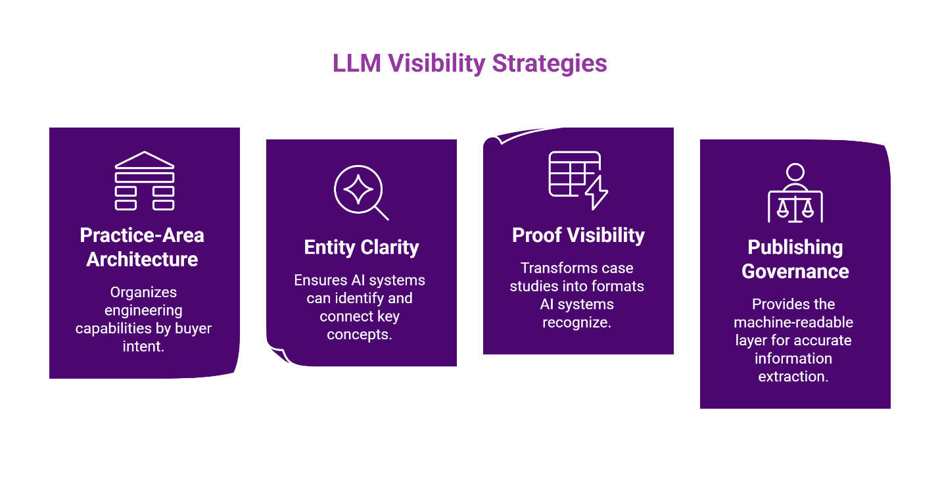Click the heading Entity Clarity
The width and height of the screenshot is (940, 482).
(361, 247)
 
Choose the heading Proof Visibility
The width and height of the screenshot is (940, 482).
(578, 235)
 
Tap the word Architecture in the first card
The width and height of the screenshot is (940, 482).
(142, 259)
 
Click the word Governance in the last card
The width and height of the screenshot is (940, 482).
(795, 272)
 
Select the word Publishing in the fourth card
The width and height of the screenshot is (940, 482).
(795, 247)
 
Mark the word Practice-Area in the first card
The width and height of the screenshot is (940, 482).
(142, 235)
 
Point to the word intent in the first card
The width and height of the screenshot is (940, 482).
(143, 346)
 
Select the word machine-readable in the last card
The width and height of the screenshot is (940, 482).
(793, 322)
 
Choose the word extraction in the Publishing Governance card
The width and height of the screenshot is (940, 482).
(793, 376)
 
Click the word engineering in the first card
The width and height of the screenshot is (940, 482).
(143, 310)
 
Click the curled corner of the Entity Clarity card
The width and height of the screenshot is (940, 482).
(277, 353)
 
